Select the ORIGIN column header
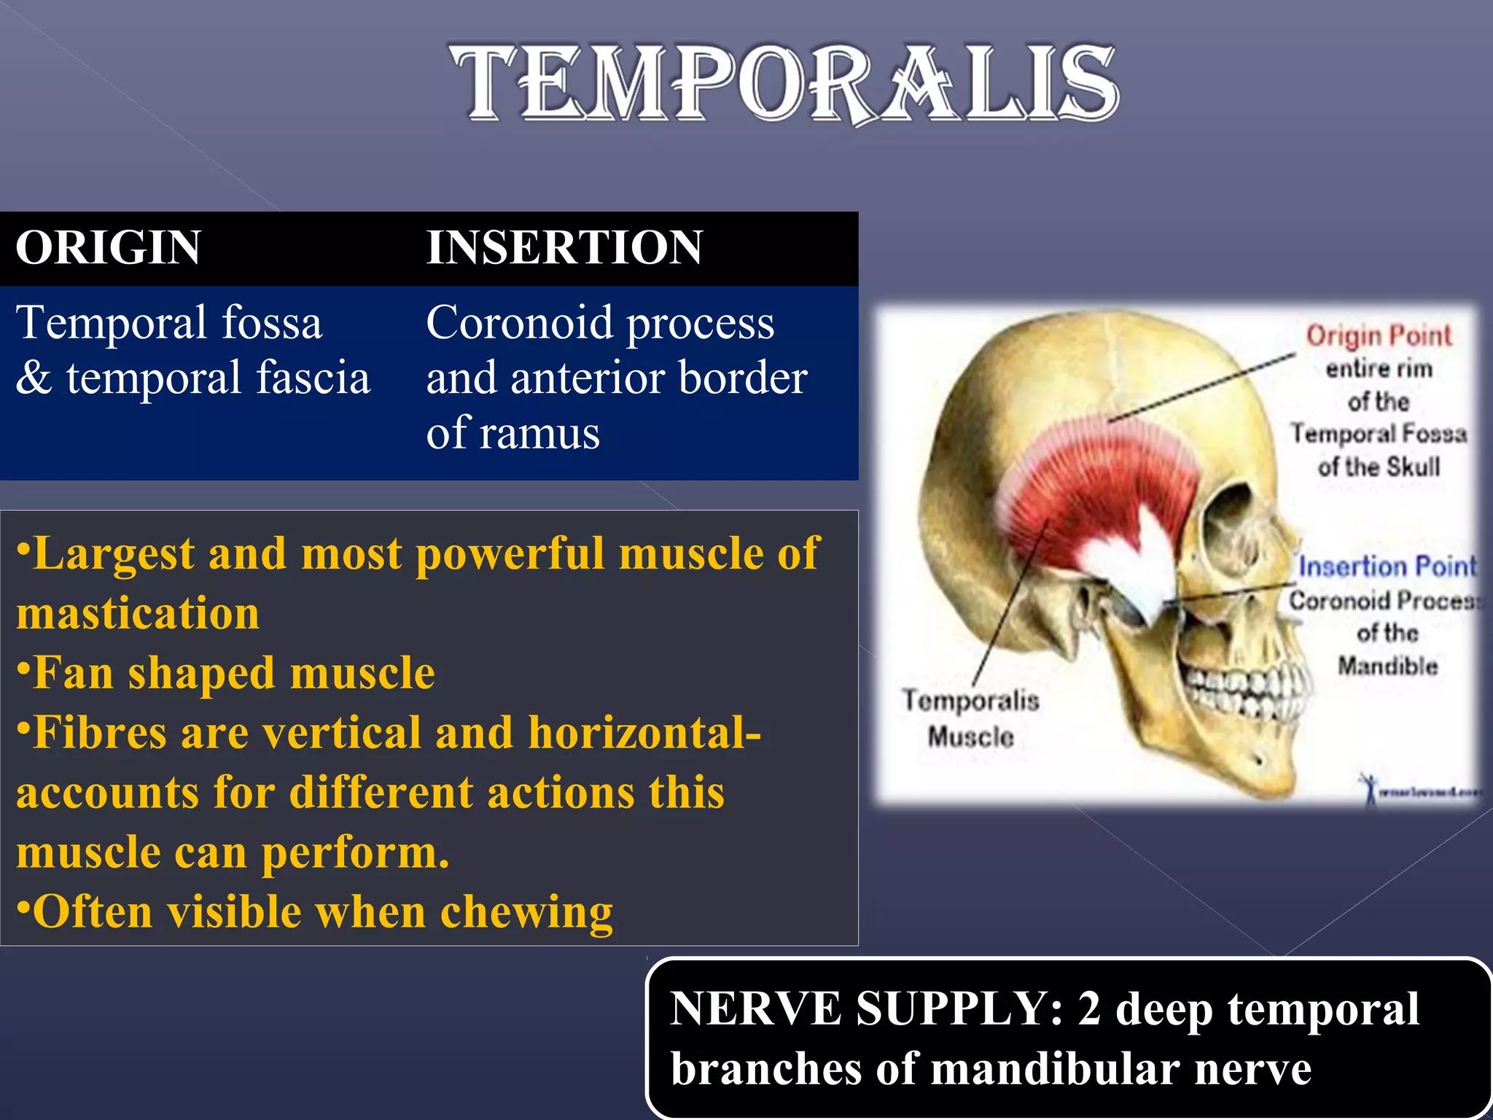[x=108, y=247]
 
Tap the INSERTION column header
[x=564, y=247]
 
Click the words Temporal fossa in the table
[x=169, y=323]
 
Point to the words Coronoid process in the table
[x=600, y=323]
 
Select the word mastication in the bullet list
[x=138, y=612]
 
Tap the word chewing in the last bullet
[x=526, y=912]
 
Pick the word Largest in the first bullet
[x=113, y=553]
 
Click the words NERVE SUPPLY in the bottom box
[x=866, y=1009]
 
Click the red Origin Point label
[x=1378, y=335]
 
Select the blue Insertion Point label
[x=1387, y=567]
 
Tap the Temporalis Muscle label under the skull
[x=970, y=718]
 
